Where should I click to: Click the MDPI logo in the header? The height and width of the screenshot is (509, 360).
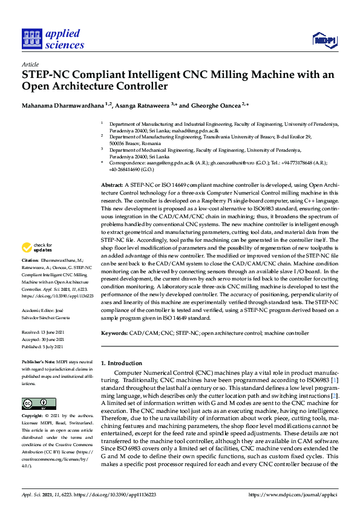324,40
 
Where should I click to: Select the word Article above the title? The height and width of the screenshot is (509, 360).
30,65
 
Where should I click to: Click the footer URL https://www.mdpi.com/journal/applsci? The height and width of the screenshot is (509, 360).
293,494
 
